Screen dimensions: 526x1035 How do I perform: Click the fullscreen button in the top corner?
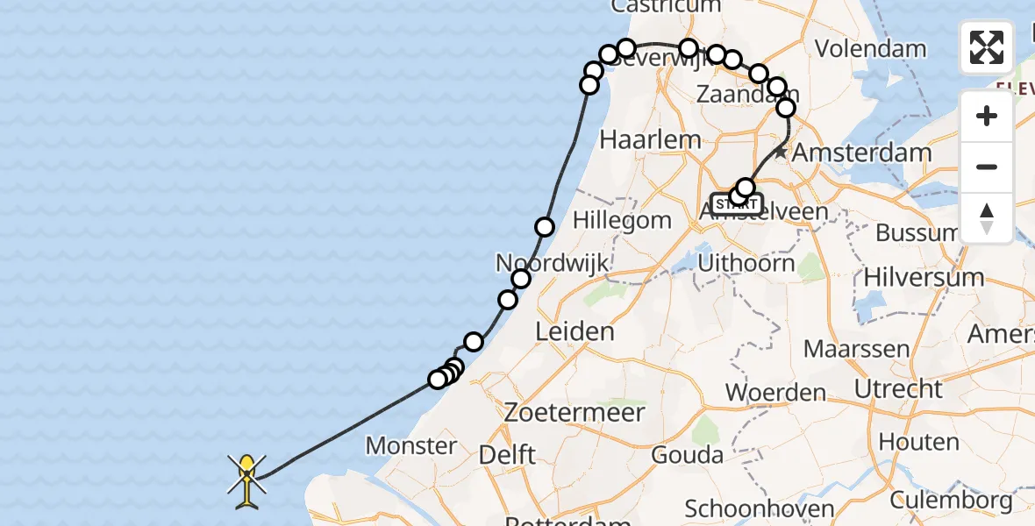[987, 47]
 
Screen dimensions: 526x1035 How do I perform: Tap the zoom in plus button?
[987, 116]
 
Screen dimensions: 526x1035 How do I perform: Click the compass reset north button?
[987, 217]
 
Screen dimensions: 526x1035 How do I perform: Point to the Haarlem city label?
[650, 139]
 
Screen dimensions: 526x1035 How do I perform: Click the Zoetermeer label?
[575, 412]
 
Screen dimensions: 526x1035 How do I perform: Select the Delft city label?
[508, 456]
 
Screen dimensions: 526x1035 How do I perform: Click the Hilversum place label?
[924, 277]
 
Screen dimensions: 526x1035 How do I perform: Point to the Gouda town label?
[687, 455]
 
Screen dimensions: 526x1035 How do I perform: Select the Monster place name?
[410, 445]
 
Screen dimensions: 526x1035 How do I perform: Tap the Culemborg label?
[950, 501]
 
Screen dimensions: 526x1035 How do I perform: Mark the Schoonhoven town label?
[758, 508]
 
